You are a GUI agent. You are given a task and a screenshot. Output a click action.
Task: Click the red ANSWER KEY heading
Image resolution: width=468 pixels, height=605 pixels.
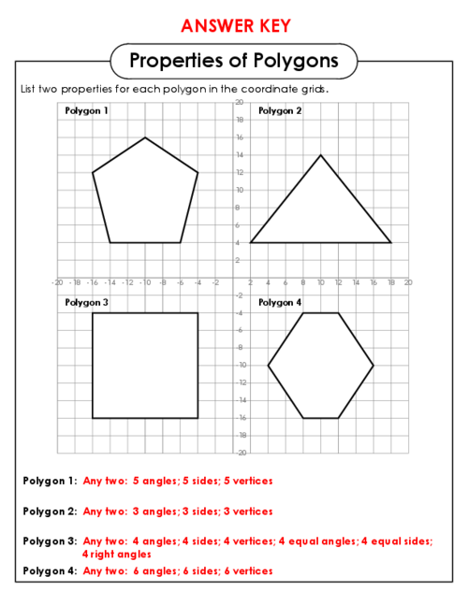coord(236,26)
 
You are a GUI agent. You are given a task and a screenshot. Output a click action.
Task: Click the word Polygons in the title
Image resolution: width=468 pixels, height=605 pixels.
coord(296,61)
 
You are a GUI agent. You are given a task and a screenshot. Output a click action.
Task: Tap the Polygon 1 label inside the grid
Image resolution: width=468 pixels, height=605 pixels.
coord(86,111)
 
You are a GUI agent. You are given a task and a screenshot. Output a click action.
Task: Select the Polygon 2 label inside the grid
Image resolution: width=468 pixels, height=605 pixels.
coord(280,111)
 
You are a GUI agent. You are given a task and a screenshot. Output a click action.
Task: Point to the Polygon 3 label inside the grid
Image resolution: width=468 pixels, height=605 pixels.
coord(86,303)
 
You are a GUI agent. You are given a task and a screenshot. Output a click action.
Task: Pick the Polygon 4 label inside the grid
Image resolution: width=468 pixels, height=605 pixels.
coord(280,303)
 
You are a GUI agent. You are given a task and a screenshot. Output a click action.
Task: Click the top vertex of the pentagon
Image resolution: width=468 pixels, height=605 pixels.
coord(145,137)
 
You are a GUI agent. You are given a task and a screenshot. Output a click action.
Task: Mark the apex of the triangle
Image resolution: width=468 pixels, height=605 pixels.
coord(320,155)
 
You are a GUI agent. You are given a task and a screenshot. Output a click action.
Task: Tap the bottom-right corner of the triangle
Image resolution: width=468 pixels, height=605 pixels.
coord(390,243)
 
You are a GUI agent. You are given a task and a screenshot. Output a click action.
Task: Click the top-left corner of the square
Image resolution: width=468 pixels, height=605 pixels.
coord(93,313)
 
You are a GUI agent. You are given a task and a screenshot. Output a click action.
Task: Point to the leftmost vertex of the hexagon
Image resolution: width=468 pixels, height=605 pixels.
coord(269,366)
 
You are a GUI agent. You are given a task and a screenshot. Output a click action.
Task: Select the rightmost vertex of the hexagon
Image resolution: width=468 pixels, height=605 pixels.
coord(373,366)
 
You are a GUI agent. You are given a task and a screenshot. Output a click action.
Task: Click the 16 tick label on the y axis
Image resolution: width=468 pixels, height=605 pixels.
coord(240,137)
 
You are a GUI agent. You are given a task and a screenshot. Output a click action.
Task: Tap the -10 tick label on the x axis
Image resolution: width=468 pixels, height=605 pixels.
coord(145,282)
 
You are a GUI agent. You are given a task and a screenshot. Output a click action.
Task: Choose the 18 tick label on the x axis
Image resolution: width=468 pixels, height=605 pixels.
coord(391,282)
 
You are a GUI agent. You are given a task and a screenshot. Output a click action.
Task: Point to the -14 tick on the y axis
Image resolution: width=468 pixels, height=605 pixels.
coord(241,400)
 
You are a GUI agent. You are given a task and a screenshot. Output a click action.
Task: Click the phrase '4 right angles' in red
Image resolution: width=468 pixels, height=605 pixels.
coord(117,555)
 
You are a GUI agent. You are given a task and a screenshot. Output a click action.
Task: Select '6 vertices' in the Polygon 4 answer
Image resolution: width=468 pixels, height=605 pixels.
coord(248,570)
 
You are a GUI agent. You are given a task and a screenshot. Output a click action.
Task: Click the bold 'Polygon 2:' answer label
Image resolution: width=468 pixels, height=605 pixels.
coord(51,511)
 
